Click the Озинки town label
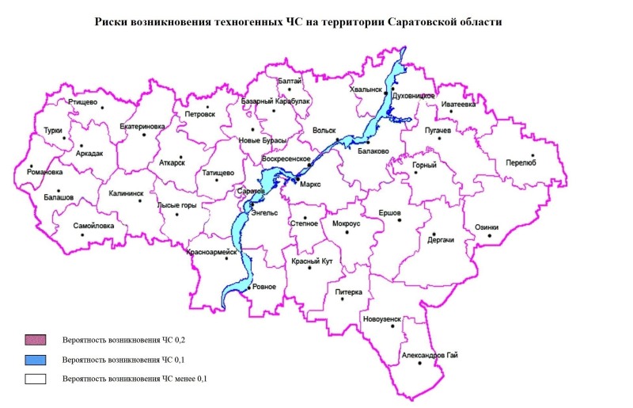[487, 227]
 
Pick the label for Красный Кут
[311, 261]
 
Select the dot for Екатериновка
[144, 135]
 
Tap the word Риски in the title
[110, 21]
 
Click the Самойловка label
[93, 226]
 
